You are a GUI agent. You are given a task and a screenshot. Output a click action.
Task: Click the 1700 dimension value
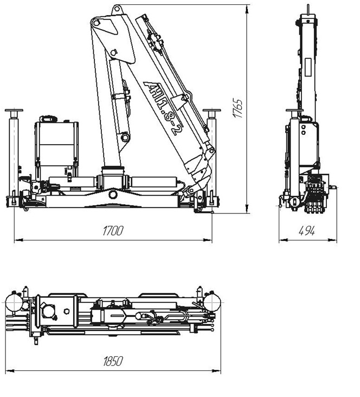click(x=113, y=231)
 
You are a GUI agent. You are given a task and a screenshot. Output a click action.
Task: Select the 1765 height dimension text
click(x=238, y=108)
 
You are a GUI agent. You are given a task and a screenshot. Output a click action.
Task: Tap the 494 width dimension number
click(x=307, y=231)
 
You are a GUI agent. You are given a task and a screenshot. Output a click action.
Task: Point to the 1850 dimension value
click(x=113, y=361)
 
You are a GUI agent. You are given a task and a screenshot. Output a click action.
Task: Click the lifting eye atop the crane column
click(x=117, y=10)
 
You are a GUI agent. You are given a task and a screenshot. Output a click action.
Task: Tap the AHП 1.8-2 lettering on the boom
click(x=160, y=108)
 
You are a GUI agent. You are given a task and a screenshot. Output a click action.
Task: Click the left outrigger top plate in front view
click(x=14, y=110)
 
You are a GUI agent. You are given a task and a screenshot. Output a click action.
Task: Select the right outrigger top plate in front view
click(x=211, y=110)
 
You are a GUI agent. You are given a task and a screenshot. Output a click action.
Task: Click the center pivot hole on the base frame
click(x=113, y=194)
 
